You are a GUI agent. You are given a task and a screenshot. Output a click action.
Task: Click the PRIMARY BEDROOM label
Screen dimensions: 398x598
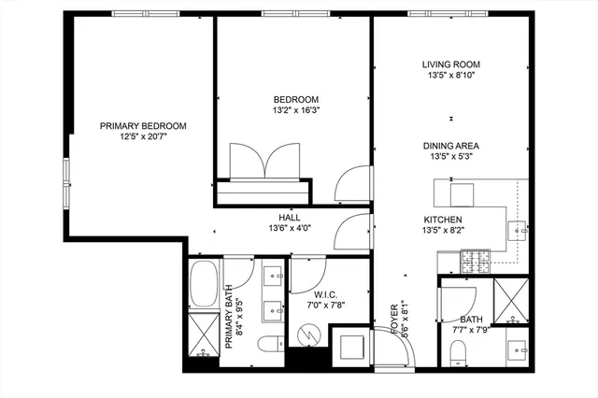pos(143,126)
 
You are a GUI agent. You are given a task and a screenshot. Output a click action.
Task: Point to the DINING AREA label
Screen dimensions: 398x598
pos(451,146)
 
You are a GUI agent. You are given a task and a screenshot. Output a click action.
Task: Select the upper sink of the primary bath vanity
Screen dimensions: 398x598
pos(275,276)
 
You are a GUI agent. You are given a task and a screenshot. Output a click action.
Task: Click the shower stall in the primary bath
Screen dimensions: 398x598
pos(203,334)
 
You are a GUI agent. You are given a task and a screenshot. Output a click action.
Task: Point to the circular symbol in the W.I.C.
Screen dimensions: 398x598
pos(307,333)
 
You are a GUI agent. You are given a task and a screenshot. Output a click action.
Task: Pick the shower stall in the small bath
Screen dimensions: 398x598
pos(510,300)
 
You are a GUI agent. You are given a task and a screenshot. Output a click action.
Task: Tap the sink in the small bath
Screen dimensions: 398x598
pos(517,350)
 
